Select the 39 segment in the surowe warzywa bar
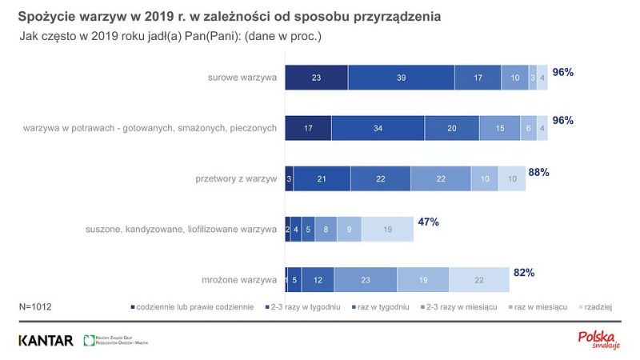pyautogui.click(x=401, y=78)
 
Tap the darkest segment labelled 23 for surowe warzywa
pyautogui.click(x=317, y=78)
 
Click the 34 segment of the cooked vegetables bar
pyautogui.click(x=378, y=128)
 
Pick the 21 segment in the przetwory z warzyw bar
pyautogui.click(x=322, y=178)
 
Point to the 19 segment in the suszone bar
pyautogui.click(x=387, y=229)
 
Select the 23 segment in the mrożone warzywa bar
pyautogui.click(x=366, y=279)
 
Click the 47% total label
pyautogui.click(x=428, y=222)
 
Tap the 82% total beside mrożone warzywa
pyautogui.click(x=524, y=273)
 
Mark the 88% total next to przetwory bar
pyautogui.click(x=538, y=172)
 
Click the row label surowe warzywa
pyautogui.click(x=242, y=78)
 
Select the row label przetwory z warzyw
pyautogui.click(x=238, y=178)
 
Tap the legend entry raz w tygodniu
pyautogui.click(x=383, y=307)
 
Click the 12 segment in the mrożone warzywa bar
pyautogui.click(x=318, y=279)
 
